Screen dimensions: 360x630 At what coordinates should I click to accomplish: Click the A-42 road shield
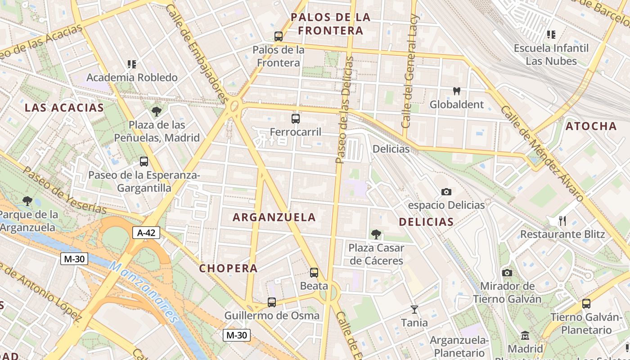point(146,233)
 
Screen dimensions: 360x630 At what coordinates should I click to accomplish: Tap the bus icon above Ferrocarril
point(296,119)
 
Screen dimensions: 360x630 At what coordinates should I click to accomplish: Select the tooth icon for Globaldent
point(457,91)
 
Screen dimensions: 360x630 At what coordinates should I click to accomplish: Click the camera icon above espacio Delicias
point(446,192)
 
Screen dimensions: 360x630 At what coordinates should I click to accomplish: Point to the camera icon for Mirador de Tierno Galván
point(507,273)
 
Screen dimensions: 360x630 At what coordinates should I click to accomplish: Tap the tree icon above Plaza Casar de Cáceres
point(376,234)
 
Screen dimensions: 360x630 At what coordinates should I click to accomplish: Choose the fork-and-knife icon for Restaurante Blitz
point(562,221)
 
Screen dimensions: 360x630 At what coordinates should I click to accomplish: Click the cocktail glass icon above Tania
point(414,310)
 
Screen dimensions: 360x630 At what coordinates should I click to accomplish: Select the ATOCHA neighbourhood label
point(591,126)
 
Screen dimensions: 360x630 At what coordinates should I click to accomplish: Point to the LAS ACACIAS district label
point(64,108)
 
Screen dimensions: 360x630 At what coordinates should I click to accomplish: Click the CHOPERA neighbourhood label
point(229,269)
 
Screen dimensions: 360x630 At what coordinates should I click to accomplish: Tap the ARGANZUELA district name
point(274,217)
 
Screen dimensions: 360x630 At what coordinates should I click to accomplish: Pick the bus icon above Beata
point(314,273)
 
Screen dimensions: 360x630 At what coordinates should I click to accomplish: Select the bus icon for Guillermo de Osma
point(272,302)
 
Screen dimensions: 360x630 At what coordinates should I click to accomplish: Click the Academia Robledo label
point(132,77)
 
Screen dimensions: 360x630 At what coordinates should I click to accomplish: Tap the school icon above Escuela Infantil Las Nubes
point(551,35)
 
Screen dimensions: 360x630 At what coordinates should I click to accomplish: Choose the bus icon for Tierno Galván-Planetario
point(586,304)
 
